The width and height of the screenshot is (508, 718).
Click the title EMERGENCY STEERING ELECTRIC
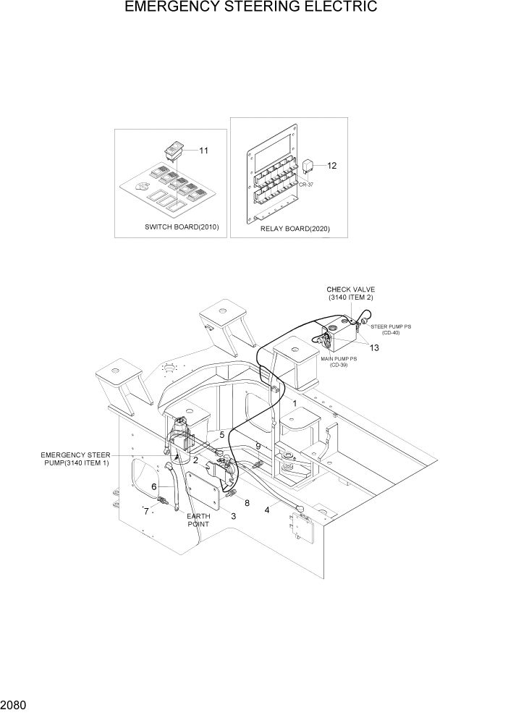[x=250, y=8]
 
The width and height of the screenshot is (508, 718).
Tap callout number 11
[x=203, y=151]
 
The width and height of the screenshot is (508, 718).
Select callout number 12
[x=332, y=166]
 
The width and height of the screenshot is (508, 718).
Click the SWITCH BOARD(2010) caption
[x=182, y=227]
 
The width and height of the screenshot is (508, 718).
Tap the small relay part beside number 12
[x=309, y=167]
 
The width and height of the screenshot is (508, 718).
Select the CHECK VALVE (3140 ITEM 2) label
[x=350, y=293]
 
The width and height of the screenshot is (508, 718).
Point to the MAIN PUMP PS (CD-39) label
[x=334, y=362]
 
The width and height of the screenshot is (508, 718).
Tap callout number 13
[x=374, y=348]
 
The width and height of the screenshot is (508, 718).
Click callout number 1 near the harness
[x=295, y=402]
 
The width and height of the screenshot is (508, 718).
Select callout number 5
[x=222, y=435]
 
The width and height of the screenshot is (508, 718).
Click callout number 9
[x=258, y=447]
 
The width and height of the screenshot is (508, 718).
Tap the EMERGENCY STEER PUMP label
[x=75, y=458]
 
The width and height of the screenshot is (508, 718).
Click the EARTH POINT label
[x=198, y=520]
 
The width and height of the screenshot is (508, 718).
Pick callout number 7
[x=146, y=512]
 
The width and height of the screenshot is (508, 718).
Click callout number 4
[x=267, y=510]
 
